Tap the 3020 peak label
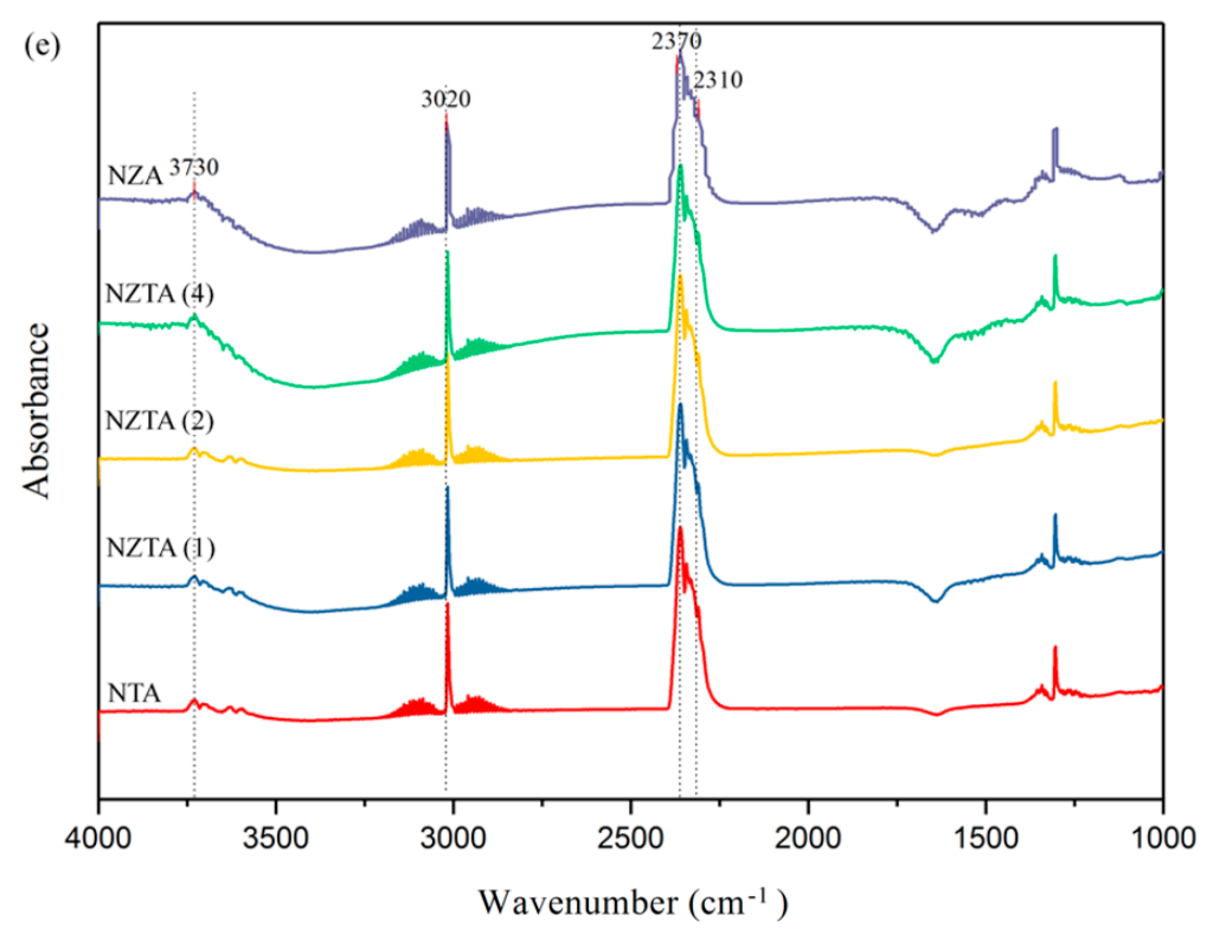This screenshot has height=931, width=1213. [445, 99]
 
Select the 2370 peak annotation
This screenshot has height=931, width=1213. [676, 41]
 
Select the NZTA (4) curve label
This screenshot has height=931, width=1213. [160, 294]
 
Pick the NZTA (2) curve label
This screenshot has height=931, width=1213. [160, 421]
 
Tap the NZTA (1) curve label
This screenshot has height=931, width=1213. [160, 548]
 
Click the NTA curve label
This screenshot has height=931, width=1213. [134, 693]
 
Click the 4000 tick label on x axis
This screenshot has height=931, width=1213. [98, 838]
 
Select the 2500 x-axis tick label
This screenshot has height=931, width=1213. [630, 838]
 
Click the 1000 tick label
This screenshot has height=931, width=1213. [1161, 838]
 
